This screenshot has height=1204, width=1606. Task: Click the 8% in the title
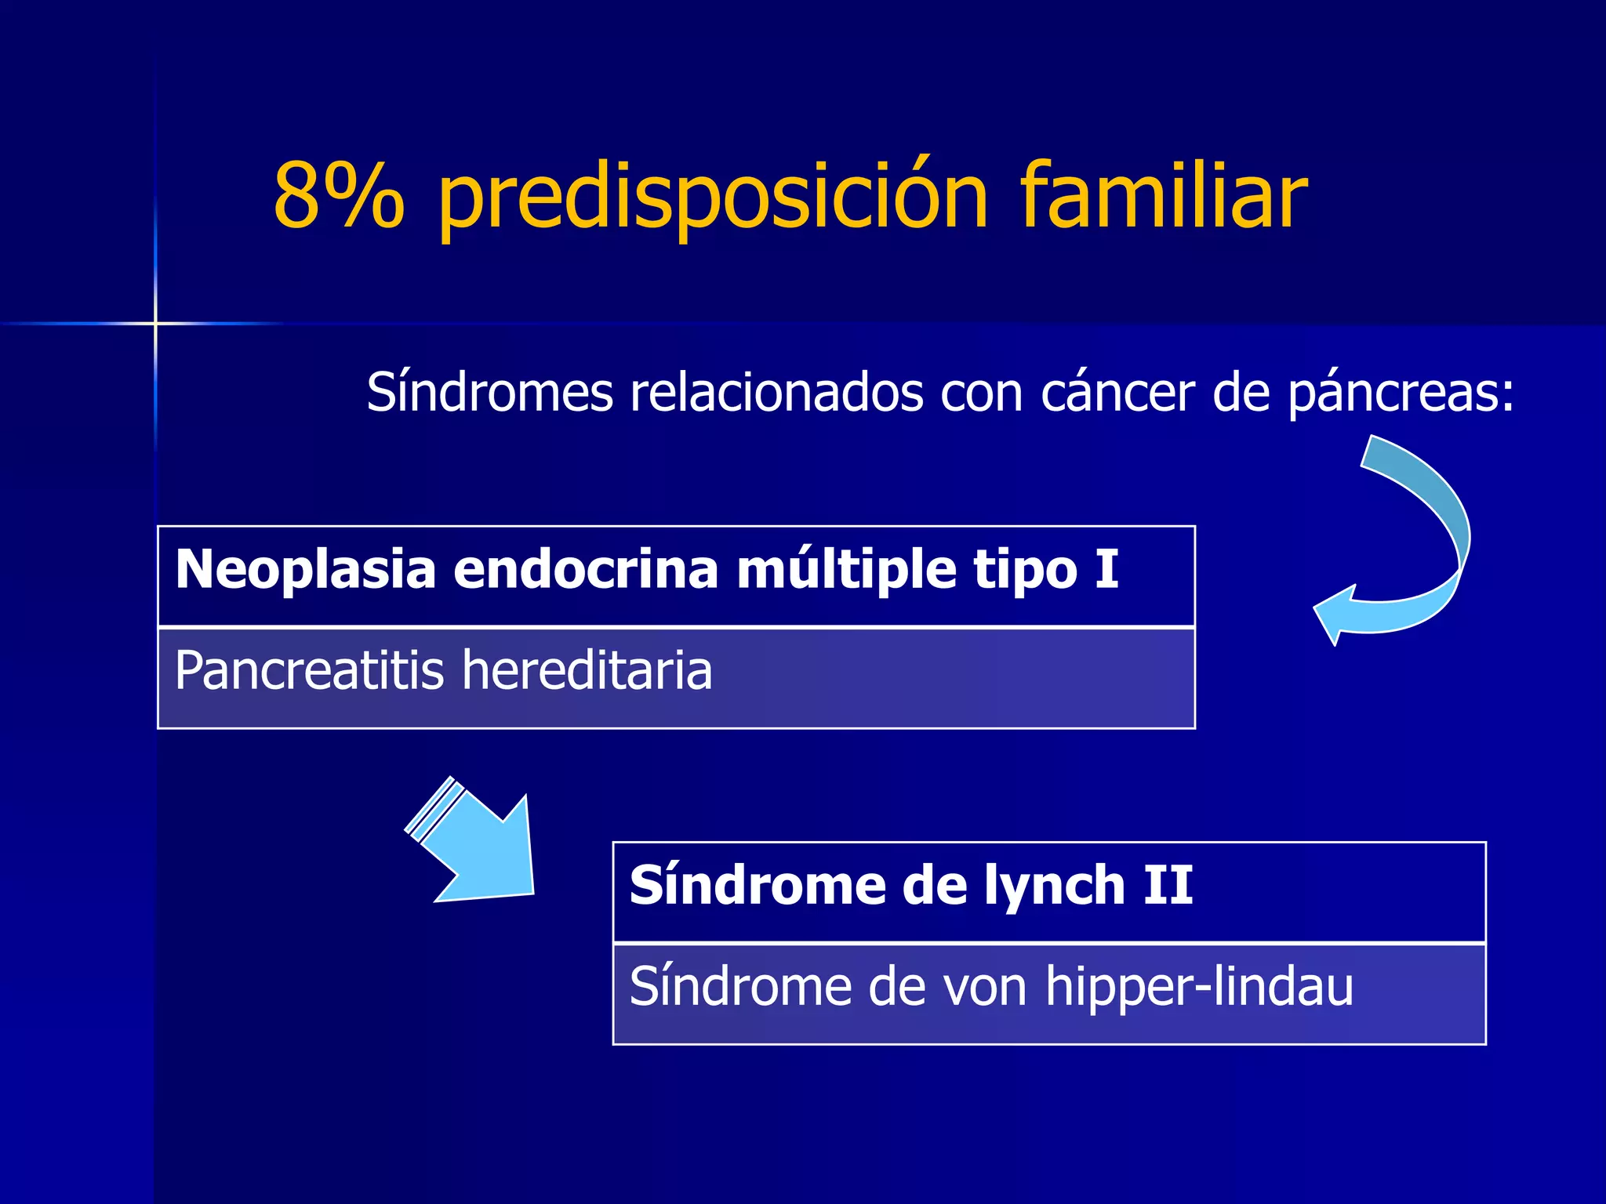point(339,196)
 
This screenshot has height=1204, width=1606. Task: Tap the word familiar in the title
point(1164,196)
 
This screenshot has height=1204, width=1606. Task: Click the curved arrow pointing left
point(1404,541)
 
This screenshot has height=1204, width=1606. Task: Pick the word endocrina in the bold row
point(586,569)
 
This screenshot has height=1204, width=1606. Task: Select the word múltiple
point(846,569)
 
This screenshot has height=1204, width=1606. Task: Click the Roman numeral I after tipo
point(1106,569)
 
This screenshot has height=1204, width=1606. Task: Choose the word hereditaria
point(587,671)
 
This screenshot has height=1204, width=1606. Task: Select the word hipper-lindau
point(1199,988)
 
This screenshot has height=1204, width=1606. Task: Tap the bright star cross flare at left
point(155,323)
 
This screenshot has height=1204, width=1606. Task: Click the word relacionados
point(777,392)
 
